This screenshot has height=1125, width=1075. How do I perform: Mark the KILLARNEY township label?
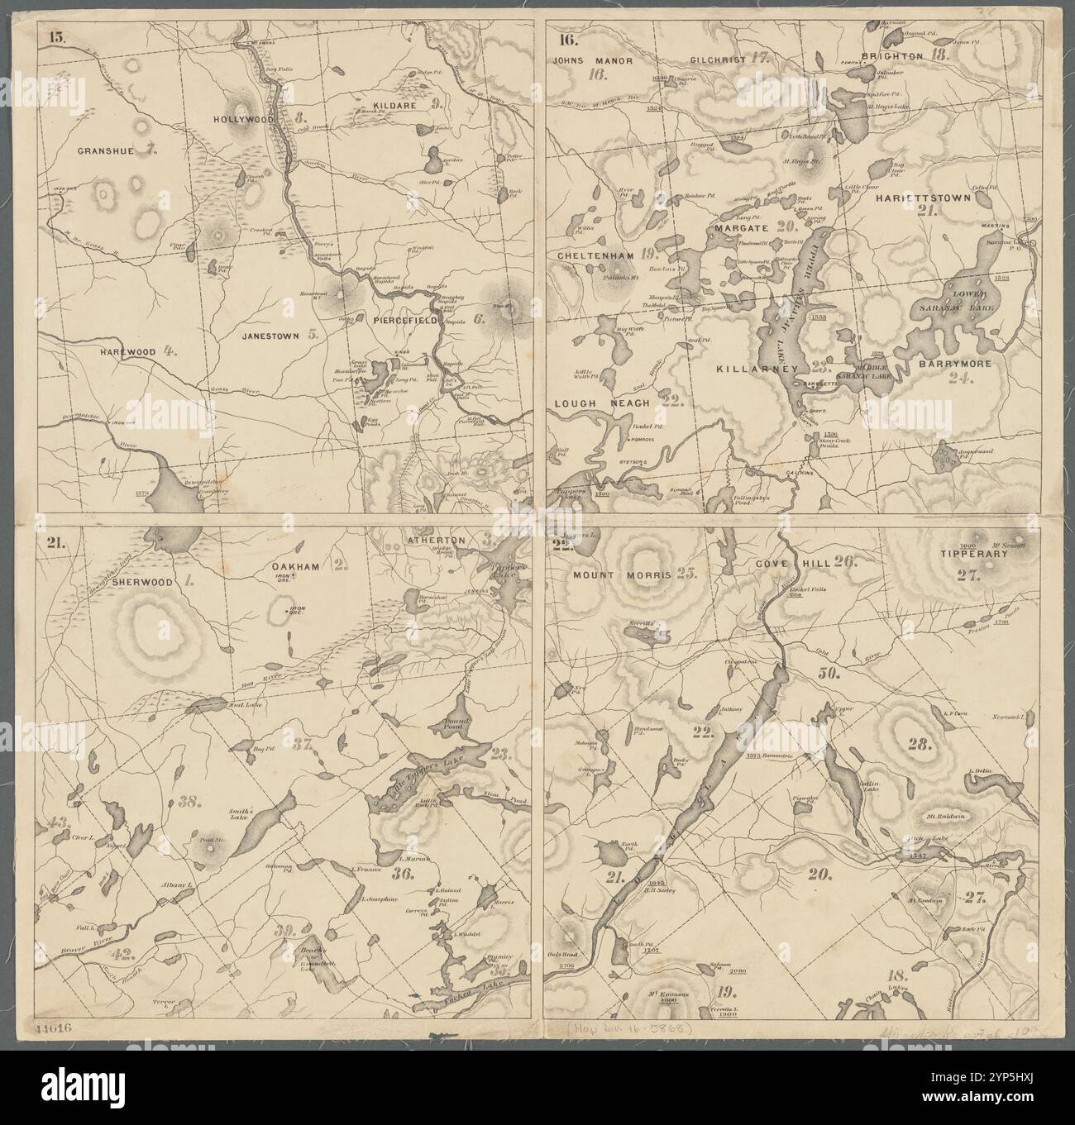757,369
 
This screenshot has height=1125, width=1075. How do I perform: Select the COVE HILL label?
783,563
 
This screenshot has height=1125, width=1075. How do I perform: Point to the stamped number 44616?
55,1028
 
